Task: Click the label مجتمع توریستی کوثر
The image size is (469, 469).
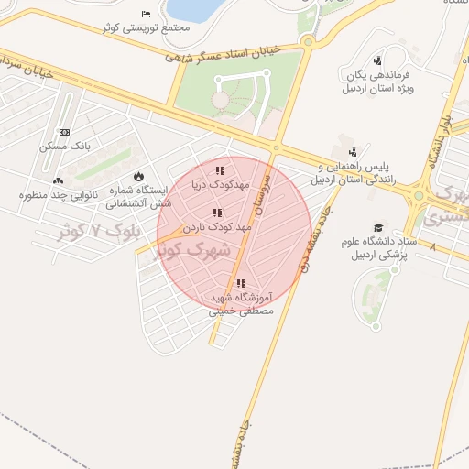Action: coord(150,27)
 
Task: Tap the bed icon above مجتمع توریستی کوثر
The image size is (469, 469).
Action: coord(147,13)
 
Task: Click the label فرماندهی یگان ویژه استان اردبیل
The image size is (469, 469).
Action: coord(377,81)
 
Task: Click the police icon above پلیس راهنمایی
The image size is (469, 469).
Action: coord(353,152)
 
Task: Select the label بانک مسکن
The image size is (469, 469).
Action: coord(63,147)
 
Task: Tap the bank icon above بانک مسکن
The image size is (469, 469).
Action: coord(63,132)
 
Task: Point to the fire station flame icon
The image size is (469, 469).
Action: coord(138,176)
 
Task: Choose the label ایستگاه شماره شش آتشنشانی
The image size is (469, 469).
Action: coord(139,197)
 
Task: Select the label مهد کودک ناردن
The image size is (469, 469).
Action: coord(216,225)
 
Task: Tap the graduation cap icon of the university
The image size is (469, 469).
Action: coord(378,227)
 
